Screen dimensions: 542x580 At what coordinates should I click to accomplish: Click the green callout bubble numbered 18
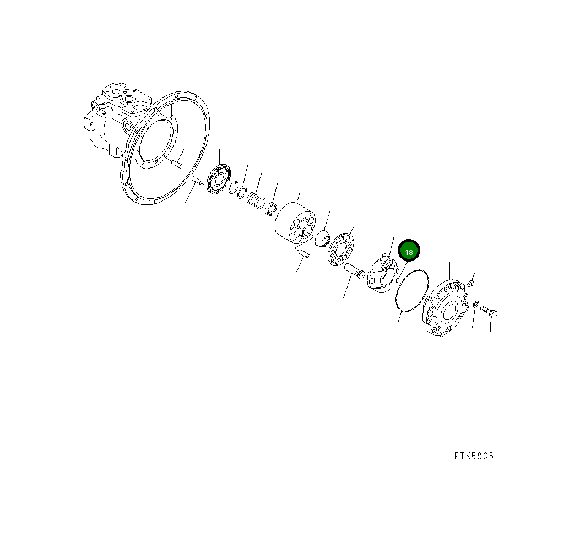tap(409, 252)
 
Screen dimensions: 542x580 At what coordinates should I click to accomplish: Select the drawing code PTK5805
tap(474, 456)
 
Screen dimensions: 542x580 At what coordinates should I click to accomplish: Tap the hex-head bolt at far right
tap(489, 313)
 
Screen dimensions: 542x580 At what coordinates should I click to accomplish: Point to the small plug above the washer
tap(470, 284)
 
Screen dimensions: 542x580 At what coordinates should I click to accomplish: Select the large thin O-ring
tap(411, 291)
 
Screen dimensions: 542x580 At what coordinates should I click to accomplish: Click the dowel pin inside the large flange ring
tap(176, 162)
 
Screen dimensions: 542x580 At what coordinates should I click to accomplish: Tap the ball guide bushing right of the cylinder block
tap(322, 240)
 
